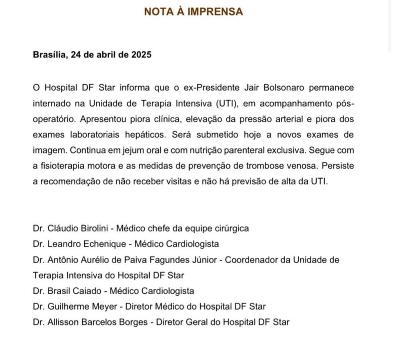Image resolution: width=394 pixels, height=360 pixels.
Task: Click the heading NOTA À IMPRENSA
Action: pyautogui.click(x=194, y=12)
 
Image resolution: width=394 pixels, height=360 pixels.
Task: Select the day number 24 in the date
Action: pyautogui.click(x=76, y=55)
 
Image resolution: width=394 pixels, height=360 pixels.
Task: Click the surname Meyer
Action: pyautogui.click(x=92, y=306)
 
